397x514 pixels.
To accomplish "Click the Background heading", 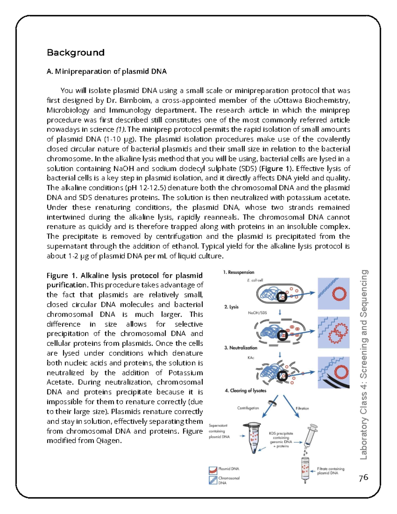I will click(x=75, y=53).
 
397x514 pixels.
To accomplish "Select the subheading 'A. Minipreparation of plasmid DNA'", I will click(x=107, y=71).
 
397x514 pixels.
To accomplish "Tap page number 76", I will click(x=363, y=477).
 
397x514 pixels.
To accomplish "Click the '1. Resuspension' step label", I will click(x=239, y=272).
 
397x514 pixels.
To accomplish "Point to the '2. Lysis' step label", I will click(x=231, y=307).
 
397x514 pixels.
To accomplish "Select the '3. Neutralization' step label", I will click(x=241, y=348).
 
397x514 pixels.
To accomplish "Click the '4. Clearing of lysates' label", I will click(x=245, y=391).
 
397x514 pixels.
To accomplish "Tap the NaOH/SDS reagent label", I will click(x=257, y=313).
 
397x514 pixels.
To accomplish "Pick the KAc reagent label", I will click(x=251, y=358).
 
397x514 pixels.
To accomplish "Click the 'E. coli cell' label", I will click(x=255, y=280).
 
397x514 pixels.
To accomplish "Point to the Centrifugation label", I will click(x=248, y=408).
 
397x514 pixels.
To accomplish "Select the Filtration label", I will click(x=302, y=408).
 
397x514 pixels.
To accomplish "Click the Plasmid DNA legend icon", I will click(x=213, y=470).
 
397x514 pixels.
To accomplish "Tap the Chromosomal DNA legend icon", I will click(x=213, y=480).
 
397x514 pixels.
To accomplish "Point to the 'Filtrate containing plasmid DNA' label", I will click(x=331, y=471).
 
